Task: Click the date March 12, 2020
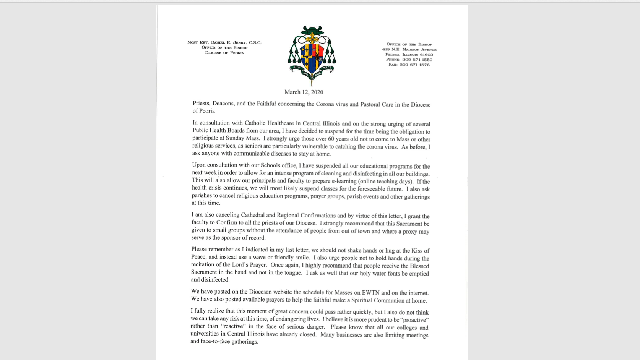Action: click(x=304, y=92)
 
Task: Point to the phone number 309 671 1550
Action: click(x=417, y=60)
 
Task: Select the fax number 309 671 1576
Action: click(x=414, y=65)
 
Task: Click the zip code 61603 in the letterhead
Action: click(x=426, y=55)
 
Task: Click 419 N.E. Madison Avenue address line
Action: click(x=409, y=49)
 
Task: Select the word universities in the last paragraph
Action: click(x=208, y=334)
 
